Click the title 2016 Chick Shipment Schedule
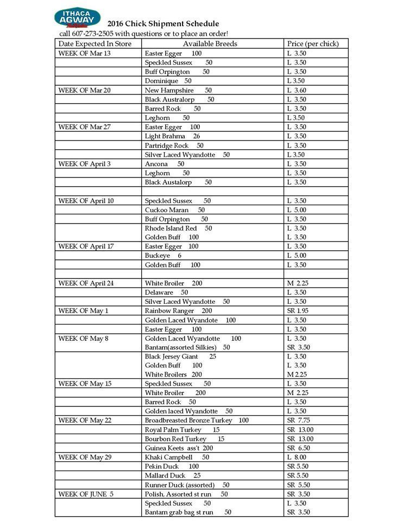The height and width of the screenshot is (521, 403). [163, 23]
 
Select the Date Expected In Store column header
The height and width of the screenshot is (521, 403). [95, 43]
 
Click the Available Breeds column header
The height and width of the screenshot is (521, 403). [210, 43]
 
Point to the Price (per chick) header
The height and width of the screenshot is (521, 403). [312, 43]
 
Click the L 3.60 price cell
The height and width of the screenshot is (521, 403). [297, 90]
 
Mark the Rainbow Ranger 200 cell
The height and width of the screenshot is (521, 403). [178, 311]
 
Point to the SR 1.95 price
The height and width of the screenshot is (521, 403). [298, 311]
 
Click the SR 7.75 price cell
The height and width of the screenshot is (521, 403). [298, 421]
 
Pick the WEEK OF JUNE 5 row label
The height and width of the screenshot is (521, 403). [86, 494]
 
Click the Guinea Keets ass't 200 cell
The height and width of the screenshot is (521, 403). [179, 448]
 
